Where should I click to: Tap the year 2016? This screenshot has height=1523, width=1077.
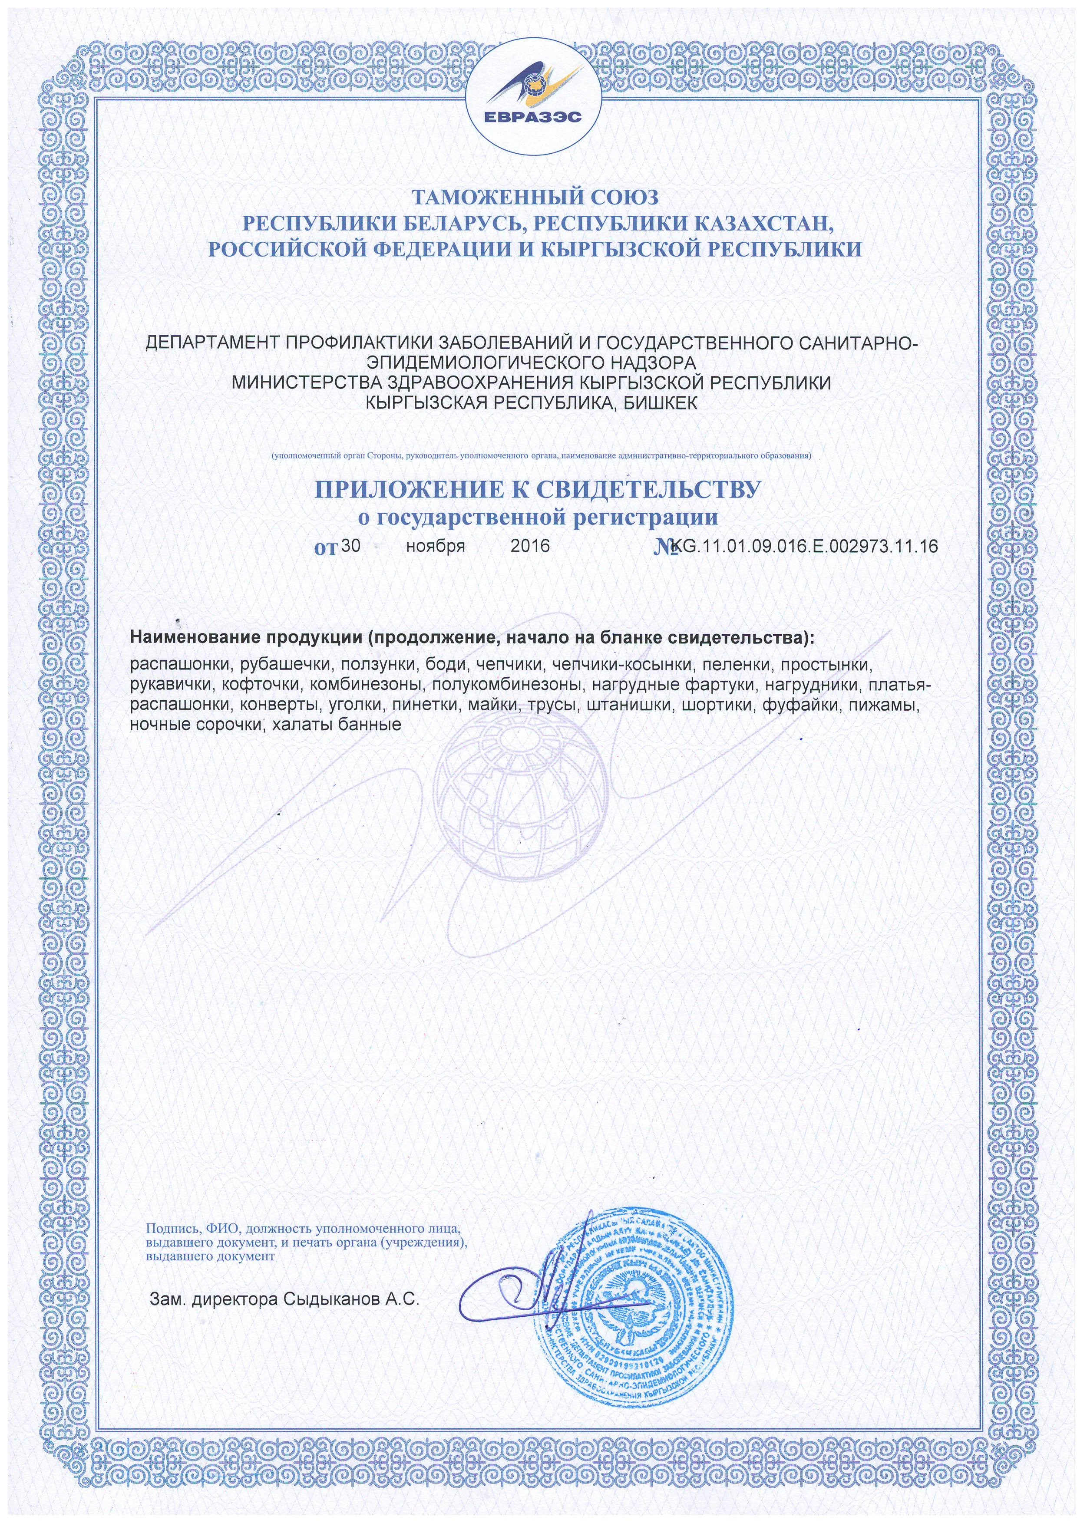pyautogui.click(x=530, y=546)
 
